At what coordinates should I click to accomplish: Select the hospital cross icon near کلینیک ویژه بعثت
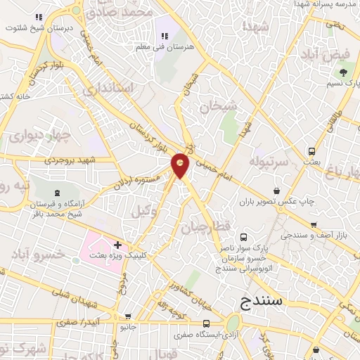(117, 245)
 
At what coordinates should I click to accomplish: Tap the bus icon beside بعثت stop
(311, 152)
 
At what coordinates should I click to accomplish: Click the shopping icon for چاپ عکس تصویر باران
(277, 190)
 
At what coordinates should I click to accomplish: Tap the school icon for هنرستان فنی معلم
(166, 36)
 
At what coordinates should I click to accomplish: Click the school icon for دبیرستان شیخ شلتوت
(58, 17)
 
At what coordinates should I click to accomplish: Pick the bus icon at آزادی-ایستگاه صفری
(205, 323)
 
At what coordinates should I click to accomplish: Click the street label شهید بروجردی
(71, 160)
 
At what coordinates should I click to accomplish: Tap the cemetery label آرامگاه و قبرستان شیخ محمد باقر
(56, 209)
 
